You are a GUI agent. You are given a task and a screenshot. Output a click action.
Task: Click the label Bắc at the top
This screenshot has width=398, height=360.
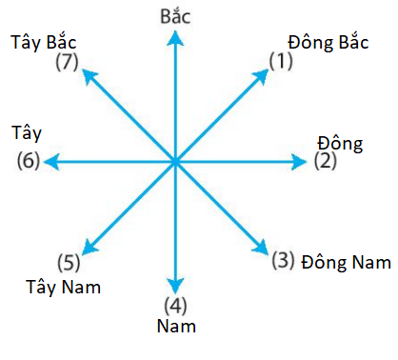pyautogui.click(x=174, y=14)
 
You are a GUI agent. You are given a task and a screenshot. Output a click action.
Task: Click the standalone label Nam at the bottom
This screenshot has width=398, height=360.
pyautogui.click(x=175, y=327)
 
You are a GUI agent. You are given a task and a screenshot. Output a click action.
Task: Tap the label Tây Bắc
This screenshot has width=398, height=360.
pyautogui.click(x=45, y=42)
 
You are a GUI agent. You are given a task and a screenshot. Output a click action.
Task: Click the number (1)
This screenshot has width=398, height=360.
pyautogui.click(x=283, y=62)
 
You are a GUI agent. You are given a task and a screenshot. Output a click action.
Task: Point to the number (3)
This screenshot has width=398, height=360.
pyautogui.click(x=283, y=259)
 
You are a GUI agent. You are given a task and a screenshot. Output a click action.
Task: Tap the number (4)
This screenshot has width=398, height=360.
pyautogui.click(x=175, y=306)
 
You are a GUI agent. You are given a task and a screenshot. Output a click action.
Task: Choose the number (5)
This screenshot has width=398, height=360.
pyautogui.click(x=68, y=262)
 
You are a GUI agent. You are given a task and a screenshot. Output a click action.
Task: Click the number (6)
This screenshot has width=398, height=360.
pyautogui.click(x=29, y=162)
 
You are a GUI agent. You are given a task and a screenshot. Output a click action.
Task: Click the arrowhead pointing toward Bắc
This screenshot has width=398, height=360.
pyautogui.click(x=174, y=35)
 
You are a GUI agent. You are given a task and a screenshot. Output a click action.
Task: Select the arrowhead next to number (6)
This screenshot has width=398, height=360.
pyautogui.click(x=50, y=163)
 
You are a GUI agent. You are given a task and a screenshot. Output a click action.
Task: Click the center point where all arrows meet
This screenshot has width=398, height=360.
pyautogui.click(x=175, y=163)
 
